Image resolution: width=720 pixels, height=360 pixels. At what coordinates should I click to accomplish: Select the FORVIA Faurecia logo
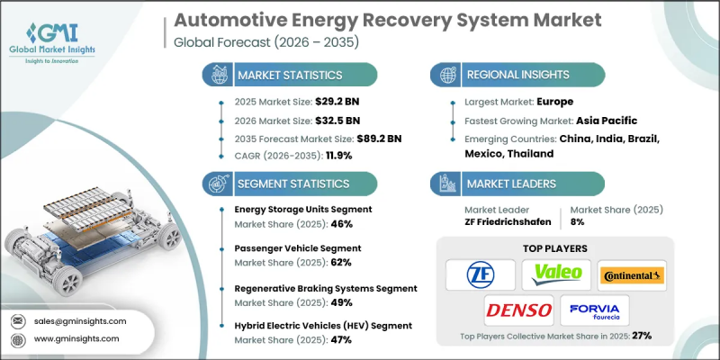click(596, 310)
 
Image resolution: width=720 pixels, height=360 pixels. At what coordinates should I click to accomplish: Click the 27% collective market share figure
click(641, 335)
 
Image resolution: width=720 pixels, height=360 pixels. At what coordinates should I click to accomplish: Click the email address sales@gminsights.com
click(80, 320)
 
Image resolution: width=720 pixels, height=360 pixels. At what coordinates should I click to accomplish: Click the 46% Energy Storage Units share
click(341, 223)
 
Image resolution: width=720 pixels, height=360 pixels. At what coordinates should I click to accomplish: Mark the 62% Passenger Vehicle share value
click(341, 262)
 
